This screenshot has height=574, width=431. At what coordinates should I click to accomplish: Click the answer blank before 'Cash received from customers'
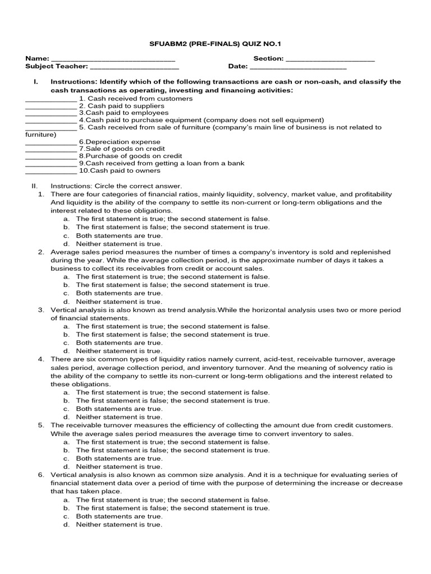click(x=51, y=99)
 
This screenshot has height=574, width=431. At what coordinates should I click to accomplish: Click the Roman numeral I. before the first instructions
click(x=36, y=82)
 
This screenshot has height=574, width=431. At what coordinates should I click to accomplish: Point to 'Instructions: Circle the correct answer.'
click(x=116, y=186)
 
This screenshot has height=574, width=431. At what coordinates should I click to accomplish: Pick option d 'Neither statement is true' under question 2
click(x=119, y=302)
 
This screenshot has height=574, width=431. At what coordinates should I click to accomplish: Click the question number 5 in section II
click(x=41, y=425)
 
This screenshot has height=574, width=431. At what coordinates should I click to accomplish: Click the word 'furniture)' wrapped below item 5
click(x=41, y=135)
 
